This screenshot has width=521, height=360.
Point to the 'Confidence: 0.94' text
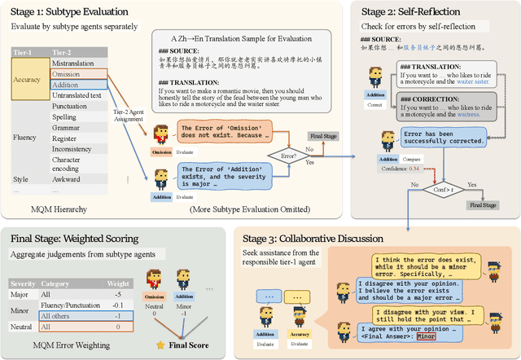tap(404, 169)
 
